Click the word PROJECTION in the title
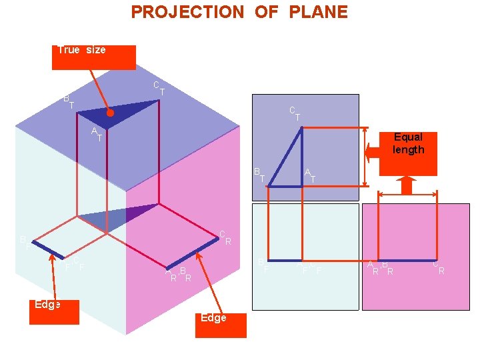187,12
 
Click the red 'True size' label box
93,57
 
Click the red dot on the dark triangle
111,114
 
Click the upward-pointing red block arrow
406,187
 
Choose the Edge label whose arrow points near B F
54,311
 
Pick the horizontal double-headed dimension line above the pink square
407,195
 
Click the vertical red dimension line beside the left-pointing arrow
365,153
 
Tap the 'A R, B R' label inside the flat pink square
380,268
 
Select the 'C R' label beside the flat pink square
438,267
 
